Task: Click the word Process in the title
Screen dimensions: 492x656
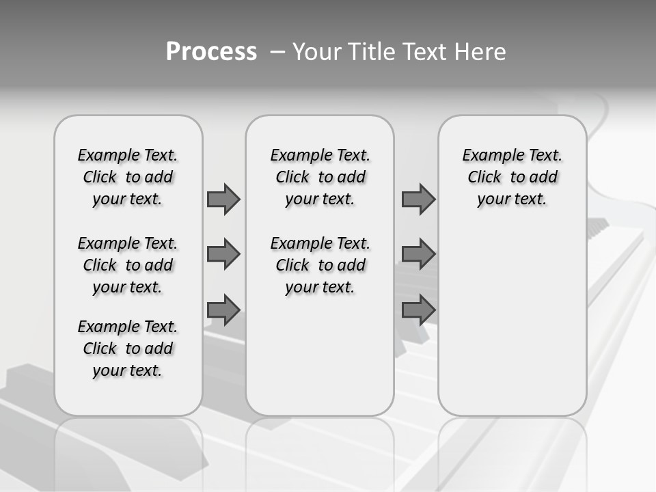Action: pyautogui.click(x=211, y=52)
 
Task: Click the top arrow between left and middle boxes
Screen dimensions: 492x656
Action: pyautogui.click(x=223, y=199)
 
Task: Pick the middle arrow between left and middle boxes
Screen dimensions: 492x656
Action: pyautogui.click(x=223, y=254)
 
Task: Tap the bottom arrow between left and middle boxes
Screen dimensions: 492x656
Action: pyautogui.click(x=223, y=310)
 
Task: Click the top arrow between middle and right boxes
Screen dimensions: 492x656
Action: pyautogui.click(x=418, y=199)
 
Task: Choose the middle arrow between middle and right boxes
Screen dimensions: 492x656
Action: pyautogui.click(x=418, y=254)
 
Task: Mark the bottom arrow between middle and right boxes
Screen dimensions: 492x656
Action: pyautogui.click(x=418, y=310)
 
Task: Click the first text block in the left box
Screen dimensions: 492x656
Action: pyautogui.click(x=128, y=177)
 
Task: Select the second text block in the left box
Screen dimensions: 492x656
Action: pyautogui.click(x=128, y=265)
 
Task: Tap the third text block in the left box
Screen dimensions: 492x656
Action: pyautogui.click(x=128, y=348)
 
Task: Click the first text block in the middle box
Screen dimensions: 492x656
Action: pyautogui.click(x=320, y=177)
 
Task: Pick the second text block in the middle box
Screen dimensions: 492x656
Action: pyautogui.click(x=320, y=265)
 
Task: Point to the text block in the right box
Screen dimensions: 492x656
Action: pyautogui.click(x=512, y=177)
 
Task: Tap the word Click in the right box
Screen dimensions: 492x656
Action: pyautogui.click(x=484, y=178)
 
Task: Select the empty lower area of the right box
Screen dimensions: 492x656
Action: pyautogui.click(x=512, y=314)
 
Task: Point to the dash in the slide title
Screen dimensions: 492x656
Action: pyautogui.click(x=277, y=52)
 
